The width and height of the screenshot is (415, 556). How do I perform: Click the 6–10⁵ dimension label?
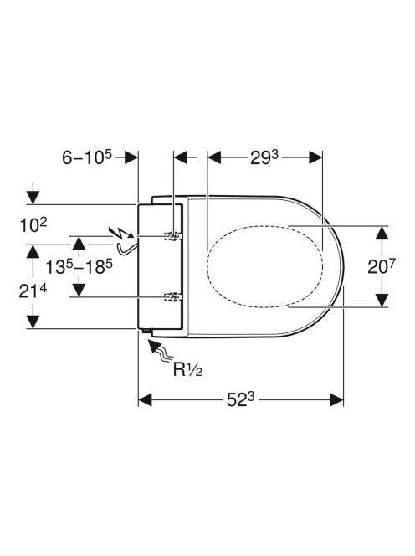click(x=87, y=157)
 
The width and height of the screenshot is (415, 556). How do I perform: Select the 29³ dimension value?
click(x=264, y=157)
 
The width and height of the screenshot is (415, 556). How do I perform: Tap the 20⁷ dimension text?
click(x=381, y=266)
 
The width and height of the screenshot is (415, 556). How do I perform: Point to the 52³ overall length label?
click(x=241, y=399)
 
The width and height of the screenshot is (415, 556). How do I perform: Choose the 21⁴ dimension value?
click(x=33, y=291)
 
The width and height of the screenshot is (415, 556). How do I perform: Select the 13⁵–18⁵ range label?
click(x=79, y=266)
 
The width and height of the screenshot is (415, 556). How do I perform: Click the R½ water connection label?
click(x=187, y=370)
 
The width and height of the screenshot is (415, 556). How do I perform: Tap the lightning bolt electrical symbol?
click(x=122, y=233)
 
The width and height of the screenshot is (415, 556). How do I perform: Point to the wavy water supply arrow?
click(x=160, y=351)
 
